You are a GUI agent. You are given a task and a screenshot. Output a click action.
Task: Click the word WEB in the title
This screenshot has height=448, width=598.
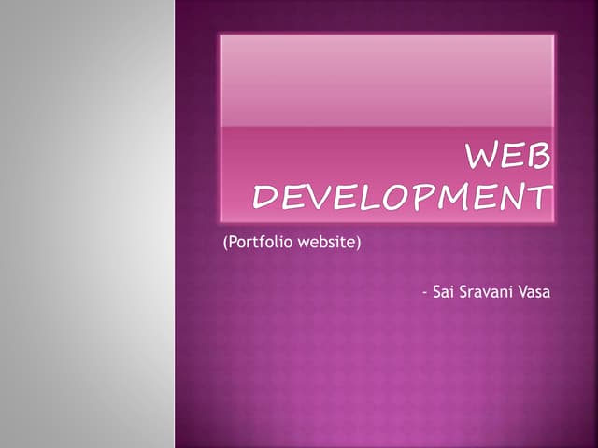click(x=509, y=158)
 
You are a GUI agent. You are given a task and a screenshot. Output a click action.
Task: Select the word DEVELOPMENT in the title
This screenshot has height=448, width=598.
click(x=403, y=198)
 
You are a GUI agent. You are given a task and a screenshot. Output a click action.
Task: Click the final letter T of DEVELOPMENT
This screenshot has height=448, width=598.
click(x=538, y=198)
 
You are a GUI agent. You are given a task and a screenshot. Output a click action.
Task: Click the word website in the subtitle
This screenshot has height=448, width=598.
click(x=328, y=245)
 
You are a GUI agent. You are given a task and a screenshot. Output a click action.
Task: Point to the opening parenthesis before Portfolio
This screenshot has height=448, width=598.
click(x=225, y=245)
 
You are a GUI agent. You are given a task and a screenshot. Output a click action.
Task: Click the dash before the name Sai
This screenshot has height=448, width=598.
click(x=424, y=293)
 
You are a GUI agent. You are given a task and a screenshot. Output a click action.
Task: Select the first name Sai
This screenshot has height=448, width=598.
click(x=445, y=293)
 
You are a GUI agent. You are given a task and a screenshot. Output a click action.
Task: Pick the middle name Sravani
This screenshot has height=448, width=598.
click(x=489, y=293)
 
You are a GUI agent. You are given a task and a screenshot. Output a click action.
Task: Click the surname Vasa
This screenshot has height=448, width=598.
click(x=536, y=293)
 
